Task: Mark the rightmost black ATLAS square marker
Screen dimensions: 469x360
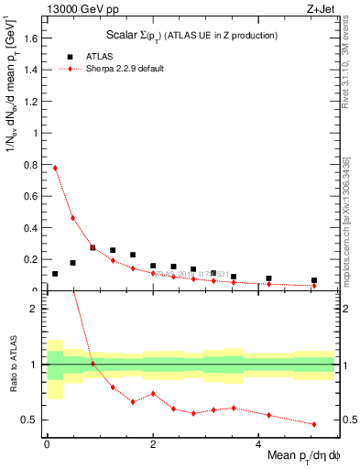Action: click(x=314, y=280)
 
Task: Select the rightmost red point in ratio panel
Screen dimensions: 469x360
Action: click(x=314, y=424)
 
